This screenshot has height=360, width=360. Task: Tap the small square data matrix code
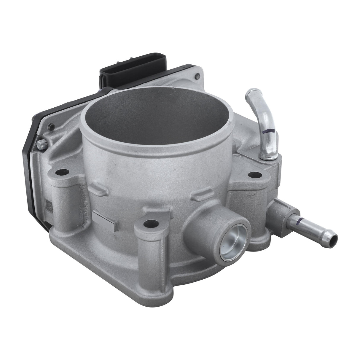pyautogui.click(x=49, y=205)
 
